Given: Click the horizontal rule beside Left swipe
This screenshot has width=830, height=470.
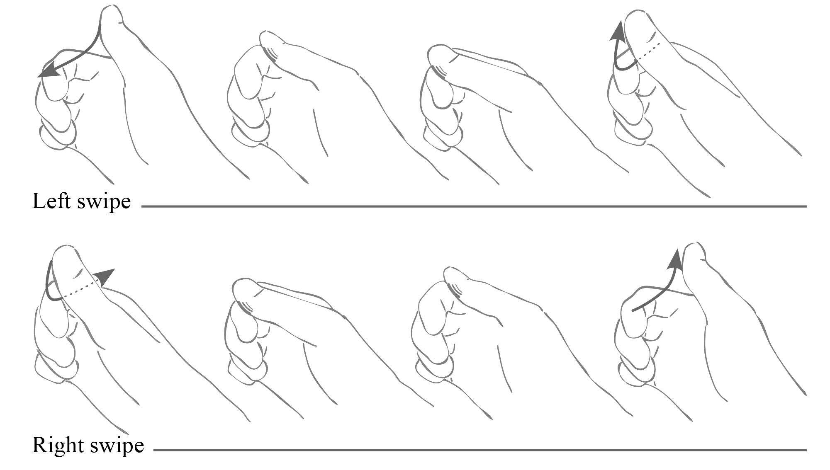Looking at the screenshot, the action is click(x=474, y=206).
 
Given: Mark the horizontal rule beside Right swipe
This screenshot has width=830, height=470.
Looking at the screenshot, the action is click(x=480, y=450).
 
